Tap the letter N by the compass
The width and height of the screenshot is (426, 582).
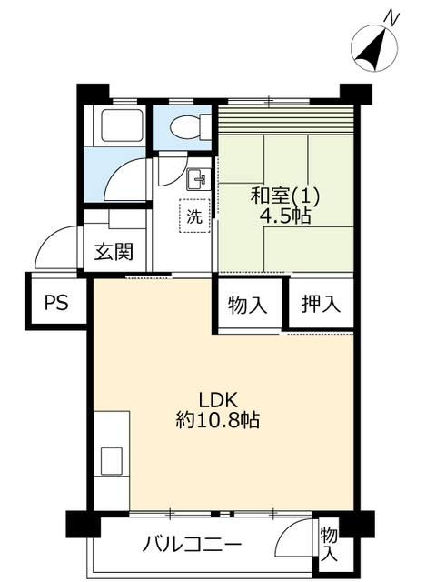pos(391,17)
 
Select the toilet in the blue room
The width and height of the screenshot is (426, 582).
pos(190,127)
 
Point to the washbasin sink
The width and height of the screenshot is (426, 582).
pos(198,179)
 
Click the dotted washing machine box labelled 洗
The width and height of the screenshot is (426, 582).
pos(194,216)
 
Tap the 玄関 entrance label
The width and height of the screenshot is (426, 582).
pos(114,252)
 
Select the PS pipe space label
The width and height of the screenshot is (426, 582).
pos(56,302)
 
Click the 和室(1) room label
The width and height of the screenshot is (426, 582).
pos(284,196)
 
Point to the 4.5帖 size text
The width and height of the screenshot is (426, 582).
pos(285,216)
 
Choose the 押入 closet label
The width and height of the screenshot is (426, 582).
pos(321,304)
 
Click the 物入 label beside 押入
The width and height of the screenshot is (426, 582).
pos(247,306)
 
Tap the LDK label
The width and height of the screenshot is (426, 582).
pos(218,400)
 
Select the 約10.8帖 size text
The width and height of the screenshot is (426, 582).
pos(217,421)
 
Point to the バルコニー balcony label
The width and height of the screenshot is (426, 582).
pos(192,546)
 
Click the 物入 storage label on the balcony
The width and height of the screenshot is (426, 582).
pos(329,544)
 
